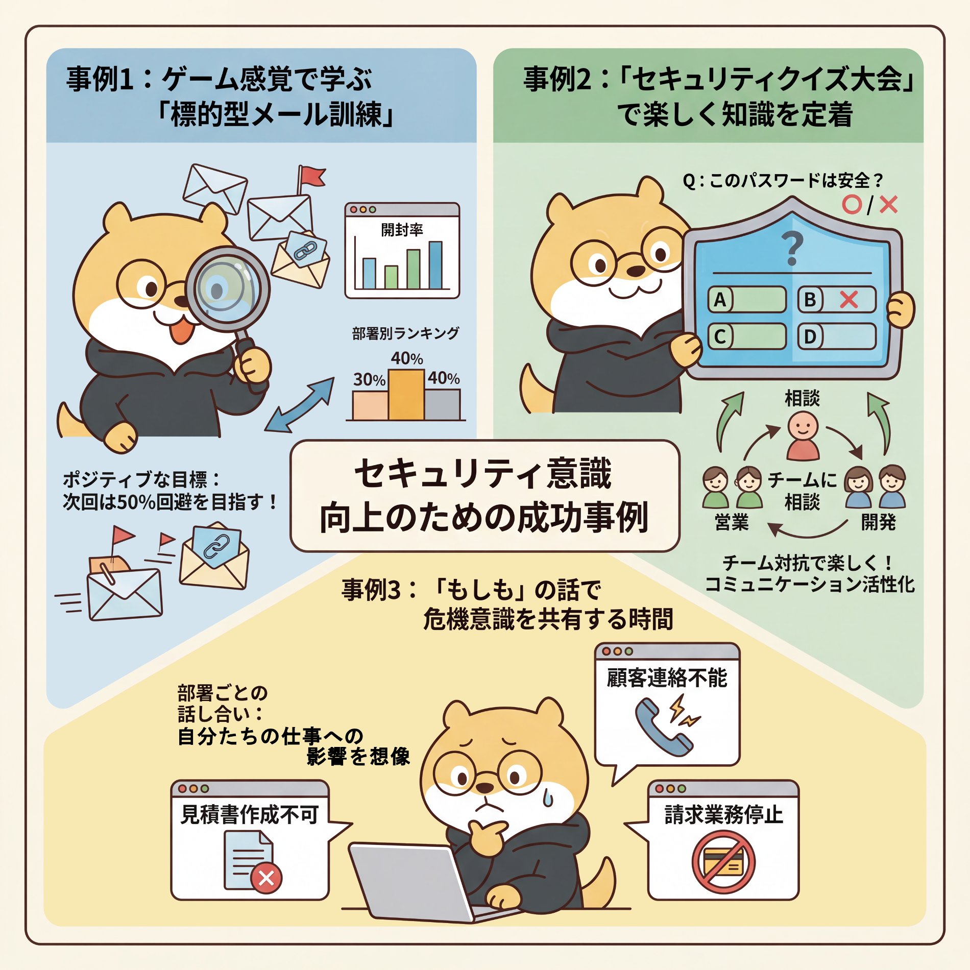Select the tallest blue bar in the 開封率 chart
[435, 265]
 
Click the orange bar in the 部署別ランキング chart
[406, 395]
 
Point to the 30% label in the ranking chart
[369, 380]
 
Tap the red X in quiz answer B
[848, 300]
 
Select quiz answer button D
[837, 337]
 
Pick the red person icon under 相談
[803, 436]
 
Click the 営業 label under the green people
[732, 522]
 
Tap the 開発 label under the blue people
[878, 522]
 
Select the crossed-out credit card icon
[723, 862]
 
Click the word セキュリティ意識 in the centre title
[483, 473]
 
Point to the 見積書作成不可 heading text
[250, 814]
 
